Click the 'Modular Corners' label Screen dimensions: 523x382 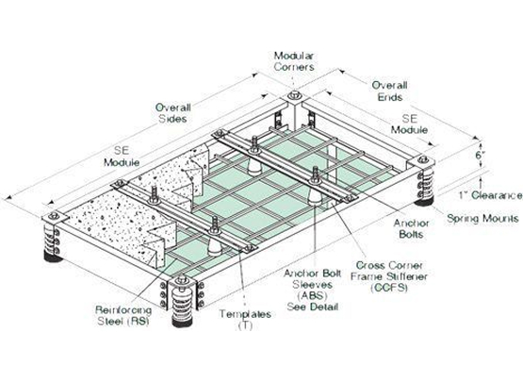tap(294, 61)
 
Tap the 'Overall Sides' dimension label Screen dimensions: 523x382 tap(172, 113)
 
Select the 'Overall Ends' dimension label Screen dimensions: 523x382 tap(389, 91)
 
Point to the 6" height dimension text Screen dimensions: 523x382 tap(480, 156)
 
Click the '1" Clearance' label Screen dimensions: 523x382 tap(490, 195)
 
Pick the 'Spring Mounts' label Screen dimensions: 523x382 tap(482, 219)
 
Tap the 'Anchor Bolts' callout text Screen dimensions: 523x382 tap(411, 228)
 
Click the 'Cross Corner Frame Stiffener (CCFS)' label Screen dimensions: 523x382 tap(389, 276)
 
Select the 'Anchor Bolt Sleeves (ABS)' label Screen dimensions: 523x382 tap(313, 285)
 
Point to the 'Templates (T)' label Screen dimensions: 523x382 tap(245, 320)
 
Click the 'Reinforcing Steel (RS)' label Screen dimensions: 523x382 tap(123, 316)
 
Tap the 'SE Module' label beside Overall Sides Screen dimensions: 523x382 tap(122, 157)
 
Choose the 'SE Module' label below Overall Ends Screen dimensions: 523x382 tap(409, 124)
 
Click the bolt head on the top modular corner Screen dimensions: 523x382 tap(294, 95)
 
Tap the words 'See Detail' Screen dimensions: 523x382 tap(313, 307)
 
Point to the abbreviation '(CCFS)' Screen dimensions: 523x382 tap(389, 288)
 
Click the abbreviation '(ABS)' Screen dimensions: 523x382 tap(312, 295)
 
